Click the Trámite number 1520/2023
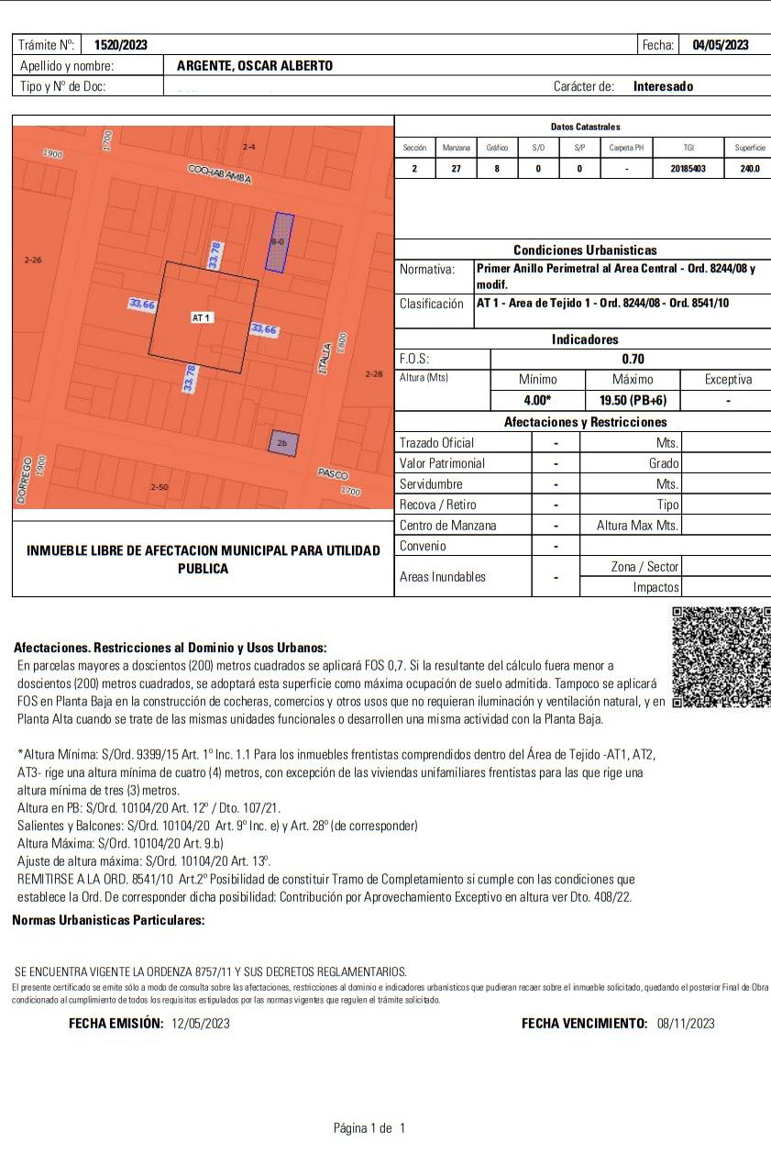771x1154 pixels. click(x=120, y=45)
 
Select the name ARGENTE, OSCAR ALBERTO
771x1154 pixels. click(x=255, y=66)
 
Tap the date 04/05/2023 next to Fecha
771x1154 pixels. click(x=720, y=45)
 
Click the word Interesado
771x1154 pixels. click(x=663, y=86)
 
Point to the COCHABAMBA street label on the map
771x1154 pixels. click(x=219, y=173)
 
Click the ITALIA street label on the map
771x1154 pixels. click(x=325, y=355)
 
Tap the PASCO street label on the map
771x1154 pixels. click(x=333, y=473)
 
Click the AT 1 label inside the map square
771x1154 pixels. click(x=202, y=317)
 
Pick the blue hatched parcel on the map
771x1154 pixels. click(x=280, y=242)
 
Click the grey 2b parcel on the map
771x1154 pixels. click(x=282, y=443)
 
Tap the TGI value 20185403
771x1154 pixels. click(x=688, y=169)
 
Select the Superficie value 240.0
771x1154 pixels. click(x=749, y=169)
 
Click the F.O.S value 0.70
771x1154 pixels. click(x=633, y=360)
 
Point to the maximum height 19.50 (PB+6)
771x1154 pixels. click(x=633, y=401)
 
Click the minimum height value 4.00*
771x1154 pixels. click(x=537, y=401)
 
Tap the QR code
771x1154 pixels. click(x=721, y=657)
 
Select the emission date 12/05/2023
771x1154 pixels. click(x=201, y=1023)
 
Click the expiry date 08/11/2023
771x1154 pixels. click(x=686, y=1023)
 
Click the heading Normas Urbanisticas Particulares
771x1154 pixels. click(x=108, y=920)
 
